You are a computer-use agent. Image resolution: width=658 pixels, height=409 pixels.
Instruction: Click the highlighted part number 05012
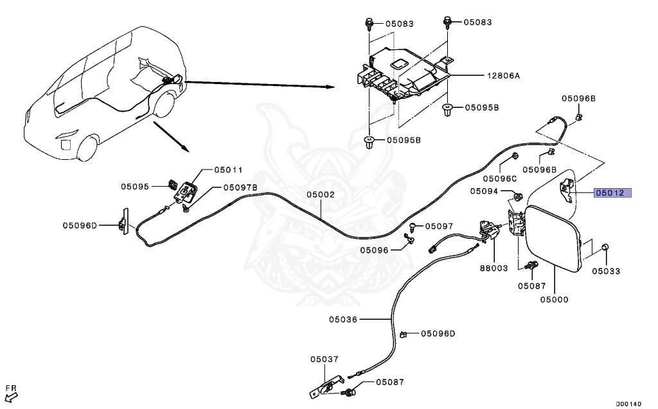[612, 193]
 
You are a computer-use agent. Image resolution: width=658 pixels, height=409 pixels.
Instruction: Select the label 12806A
[503, 76]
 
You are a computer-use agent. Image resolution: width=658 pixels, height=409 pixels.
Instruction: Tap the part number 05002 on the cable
[321, 195]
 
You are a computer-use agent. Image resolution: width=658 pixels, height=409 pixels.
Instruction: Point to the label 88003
[494, 268]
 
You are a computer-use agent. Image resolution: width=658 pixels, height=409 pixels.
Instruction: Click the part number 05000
[554, 299]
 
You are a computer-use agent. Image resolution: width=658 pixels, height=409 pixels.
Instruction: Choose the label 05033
[606, 271]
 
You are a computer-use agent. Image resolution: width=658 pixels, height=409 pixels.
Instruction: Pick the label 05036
[343, 320]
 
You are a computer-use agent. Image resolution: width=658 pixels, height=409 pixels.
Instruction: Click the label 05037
[325, 360]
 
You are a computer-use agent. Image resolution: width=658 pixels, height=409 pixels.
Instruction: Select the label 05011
[228, 170]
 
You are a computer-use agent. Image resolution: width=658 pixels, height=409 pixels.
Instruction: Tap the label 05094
[484, 191]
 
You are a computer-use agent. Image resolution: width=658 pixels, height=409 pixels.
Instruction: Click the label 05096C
[500, 178]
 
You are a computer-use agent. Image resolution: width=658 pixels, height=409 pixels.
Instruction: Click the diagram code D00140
[628, 404]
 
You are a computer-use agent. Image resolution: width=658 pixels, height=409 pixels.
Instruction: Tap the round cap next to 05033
[605, 247]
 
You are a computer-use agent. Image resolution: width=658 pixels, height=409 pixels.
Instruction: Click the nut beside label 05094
[518, 196]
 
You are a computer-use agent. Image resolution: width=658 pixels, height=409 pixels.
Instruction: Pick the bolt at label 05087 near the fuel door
[533, 266]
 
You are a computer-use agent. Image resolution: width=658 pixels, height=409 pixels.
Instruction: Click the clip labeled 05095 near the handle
[173, 184]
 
